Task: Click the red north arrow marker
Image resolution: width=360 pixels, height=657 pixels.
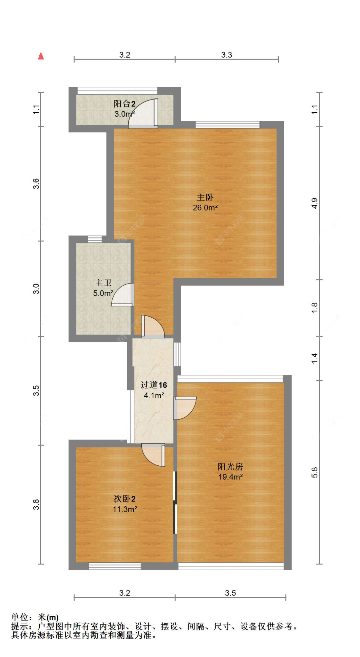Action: (41, 56)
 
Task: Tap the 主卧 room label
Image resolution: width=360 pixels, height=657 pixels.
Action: (205, 197)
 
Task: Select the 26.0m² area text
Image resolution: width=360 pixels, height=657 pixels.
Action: (205, 208)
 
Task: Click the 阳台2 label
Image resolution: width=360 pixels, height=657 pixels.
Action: (124, 104)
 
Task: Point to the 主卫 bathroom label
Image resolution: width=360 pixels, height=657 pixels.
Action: (103, 283)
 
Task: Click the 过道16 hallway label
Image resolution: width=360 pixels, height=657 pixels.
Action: (154, 385)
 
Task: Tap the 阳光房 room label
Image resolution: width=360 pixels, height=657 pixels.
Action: (230, 467)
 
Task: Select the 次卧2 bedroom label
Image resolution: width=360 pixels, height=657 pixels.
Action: (124, 499)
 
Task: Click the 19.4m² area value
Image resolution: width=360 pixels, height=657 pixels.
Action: (230, 477)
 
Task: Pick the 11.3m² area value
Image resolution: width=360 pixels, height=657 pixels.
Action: (125, 509)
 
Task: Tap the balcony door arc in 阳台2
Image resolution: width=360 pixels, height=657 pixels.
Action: (142, 114)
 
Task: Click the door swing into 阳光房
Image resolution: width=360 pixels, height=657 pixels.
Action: (185, 408)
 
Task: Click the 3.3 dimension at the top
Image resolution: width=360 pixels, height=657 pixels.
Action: (227, 55)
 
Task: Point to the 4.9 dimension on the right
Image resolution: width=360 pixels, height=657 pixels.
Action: (315, 203)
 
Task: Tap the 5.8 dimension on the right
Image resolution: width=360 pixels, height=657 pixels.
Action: (315, 472)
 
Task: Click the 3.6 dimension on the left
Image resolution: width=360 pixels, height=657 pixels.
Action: (36, 184)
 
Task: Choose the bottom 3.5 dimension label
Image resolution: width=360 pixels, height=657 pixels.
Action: (230, 593)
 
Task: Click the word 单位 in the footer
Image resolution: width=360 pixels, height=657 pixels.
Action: (20, 617)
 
